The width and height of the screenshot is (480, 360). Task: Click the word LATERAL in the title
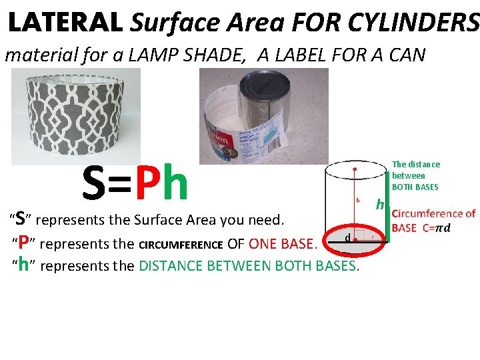pyautogui.click(x=65, y=23)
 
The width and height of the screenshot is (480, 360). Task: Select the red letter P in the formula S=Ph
pyautogui.click(x=146, y=185)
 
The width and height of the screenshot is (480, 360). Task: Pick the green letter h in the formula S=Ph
pyautogui.click(x=175, y=185)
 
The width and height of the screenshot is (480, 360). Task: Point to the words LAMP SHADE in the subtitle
pyautogui.click(x=199, y=55)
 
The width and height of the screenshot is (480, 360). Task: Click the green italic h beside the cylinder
pyautogui.click(x=379, y=205)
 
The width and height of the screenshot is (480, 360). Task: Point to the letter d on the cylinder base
pyautogui.click(x=348, y=238)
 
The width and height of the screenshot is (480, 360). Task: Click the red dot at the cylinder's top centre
pyautogui.click(x=355, y=169)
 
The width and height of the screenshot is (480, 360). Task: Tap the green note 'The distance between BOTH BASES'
pyautogui.click(x=415, y=175)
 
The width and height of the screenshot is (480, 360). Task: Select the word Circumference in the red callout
pyautogui.click(x=433, y=214)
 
